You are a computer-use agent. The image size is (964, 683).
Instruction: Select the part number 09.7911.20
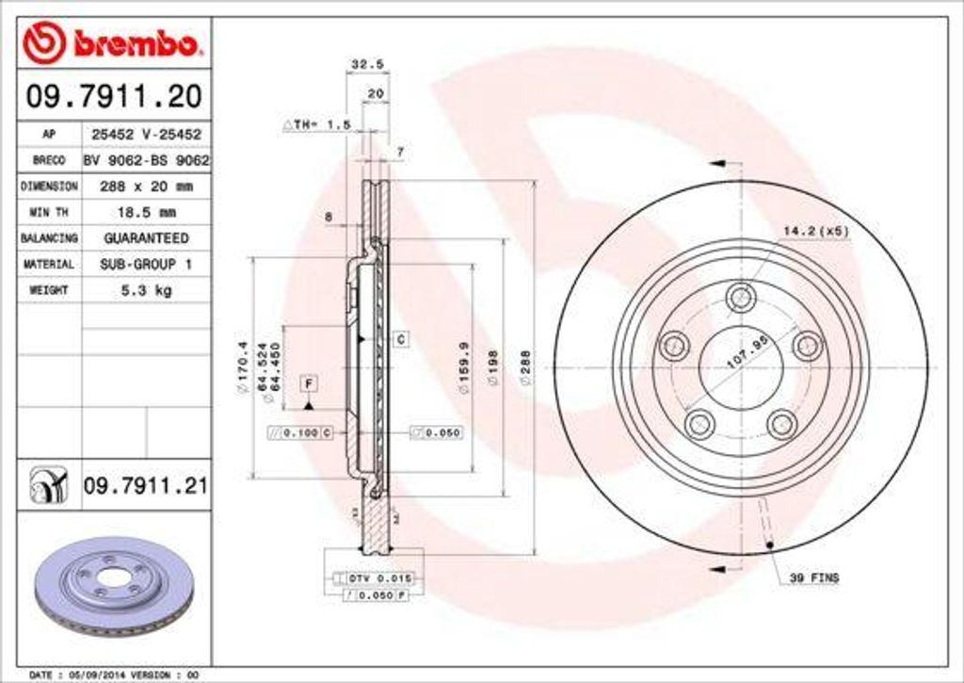[x=113, y=96]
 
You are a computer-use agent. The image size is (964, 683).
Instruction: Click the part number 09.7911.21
[x=146, y=486]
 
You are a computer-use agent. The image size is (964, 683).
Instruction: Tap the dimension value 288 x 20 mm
[x=146, y=187]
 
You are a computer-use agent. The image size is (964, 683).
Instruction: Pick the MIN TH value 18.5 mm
[x=146, y=213]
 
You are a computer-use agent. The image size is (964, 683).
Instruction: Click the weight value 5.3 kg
[x=146, y=291]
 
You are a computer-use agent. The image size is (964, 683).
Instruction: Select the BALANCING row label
[x=49, y=239]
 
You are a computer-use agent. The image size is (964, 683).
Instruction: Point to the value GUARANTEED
[x=146, y=239]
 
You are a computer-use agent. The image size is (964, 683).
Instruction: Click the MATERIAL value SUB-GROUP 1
[x=146, y=265]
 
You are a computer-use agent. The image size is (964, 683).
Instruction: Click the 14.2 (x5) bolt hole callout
[x=815, y=231]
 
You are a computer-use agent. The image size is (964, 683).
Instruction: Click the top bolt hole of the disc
[x=741, y=296]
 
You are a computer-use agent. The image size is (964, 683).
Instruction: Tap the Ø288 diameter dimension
[x=526, y=366]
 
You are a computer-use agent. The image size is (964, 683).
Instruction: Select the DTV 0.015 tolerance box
[x=374, y=577]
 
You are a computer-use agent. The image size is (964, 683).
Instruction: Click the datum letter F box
[x=308, y=382]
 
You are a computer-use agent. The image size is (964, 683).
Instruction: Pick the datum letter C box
[x=399, y=338]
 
